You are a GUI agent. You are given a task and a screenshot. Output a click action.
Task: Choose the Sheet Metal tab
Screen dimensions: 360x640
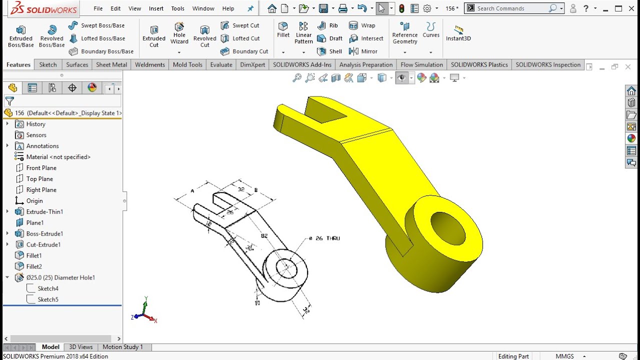coord(111,64)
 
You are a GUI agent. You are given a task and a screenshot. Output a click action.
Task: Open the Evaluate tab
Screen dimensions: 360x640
coord(221,64)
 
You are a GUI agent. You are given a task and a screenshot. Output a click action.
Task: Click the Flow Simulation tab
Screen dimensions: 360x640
coord(421,64)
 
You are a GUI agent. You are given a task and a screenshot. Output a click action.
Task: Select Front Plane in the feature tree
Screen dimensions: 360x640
coord(41,168)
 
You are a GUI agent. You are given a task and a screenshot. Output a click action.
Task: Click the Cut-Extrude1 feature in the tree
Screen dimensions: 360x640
coord(43,244)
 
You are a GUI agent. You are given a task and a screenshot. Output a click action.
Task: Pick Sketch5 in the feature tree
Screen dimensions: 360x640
coord(48,299)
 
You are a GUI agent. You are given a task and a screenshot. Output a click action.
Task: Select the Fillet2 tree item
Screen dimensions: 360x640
coord(34,266)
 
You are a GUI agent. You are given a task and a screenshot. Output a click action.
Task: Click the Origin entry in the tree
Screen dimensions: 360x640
coord(34,201)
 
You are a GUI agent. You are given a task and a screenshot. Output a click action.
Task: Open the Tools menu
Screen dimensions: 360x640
coord(177,8)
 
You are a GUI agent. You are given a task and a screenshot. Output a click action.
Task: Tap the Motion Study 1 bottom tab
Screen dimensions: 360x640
coord(122,347)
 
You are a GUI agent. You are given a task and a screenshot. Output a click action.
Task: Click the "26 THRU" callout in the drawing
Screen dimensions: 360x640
coord(324,238)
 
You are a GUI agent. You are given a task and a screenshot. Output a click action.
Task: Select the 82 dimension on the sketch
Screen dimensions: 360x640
coord(264,235)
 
